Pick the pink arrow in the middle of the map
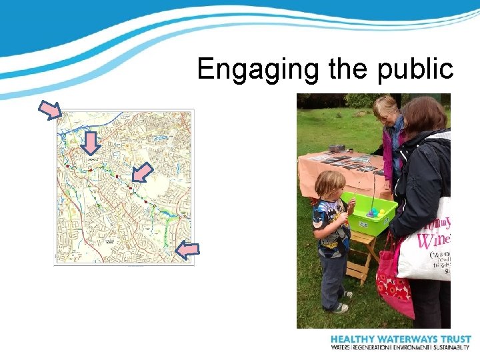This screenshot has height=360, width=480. pyautogui.click(x=141, y=173)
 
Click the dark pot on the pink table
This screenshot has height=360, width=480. pyautogui.click(x=337, y=148)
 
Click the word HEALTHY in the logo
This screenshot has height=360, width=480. pyautogui.click(x=356, y=339)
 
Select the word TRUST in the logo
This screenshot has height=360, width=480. pyautogui.click(x=455, y=339)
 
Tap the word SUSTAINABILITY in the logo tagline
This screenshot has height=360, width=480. pyautogui.click(x=451, y=348)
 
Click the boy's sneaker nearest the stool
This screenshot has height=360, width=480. pyautogui.click(x=347, y=294)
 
